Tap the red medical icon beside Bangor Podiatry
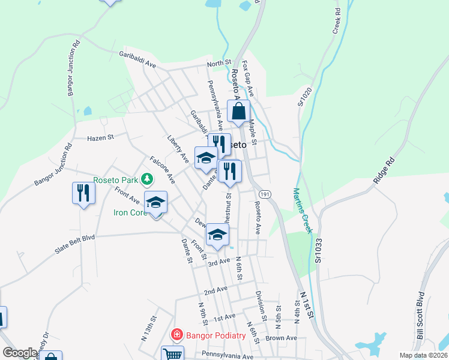point(177,335)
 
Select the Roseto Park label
point(115,178)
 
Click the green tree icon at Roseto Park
point(146,178)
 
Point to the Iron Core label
point(130,212)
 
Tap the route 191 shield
point(264,194)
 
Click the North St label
point(219,63)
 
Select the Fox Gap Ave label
point(247,78)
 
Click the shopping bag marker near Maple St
point(239,111)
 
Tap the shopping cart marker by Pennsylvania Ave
point(172,355)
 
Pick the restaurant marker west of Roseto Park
point(83,193)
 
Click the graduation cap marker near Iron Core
point(156,202)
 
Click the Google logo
point(20,353)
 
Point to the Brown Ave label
point(282,338)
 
